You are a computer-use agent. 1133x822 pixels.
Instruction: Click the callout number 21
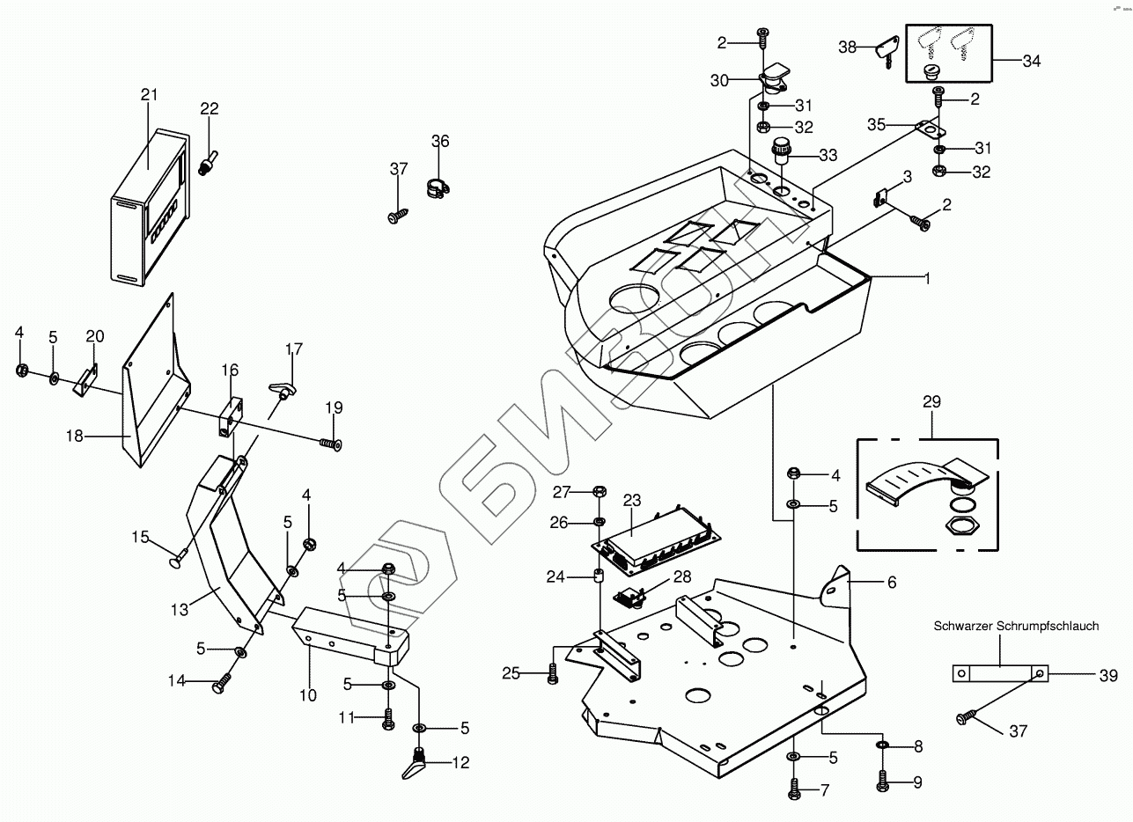tap(148, 95)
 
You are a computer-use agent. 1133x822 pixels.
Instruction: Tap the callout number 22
tap(209, 108)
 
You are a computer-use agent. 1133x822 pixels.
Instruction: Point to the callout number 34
tap(1031, 61)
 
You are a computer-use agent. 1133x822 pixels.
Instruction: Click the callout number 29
tap(931, 402)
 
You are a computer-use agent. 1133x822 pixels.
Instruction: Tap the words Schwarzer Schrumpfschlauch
tap(1016, 627)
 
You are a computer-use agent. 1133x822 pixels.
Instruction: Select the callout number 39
tap(1107, 675)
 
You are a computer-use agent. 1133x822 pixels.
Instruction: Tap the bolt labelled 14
tap(221, 684)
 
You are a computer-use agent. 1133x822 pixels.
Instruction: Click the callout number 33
tap(828, 156)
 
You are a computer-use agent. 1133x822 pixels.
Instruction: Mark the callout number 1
tap(925, 277)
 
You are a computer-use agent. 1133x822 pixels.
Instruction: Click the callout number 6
tap(867, 582)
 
